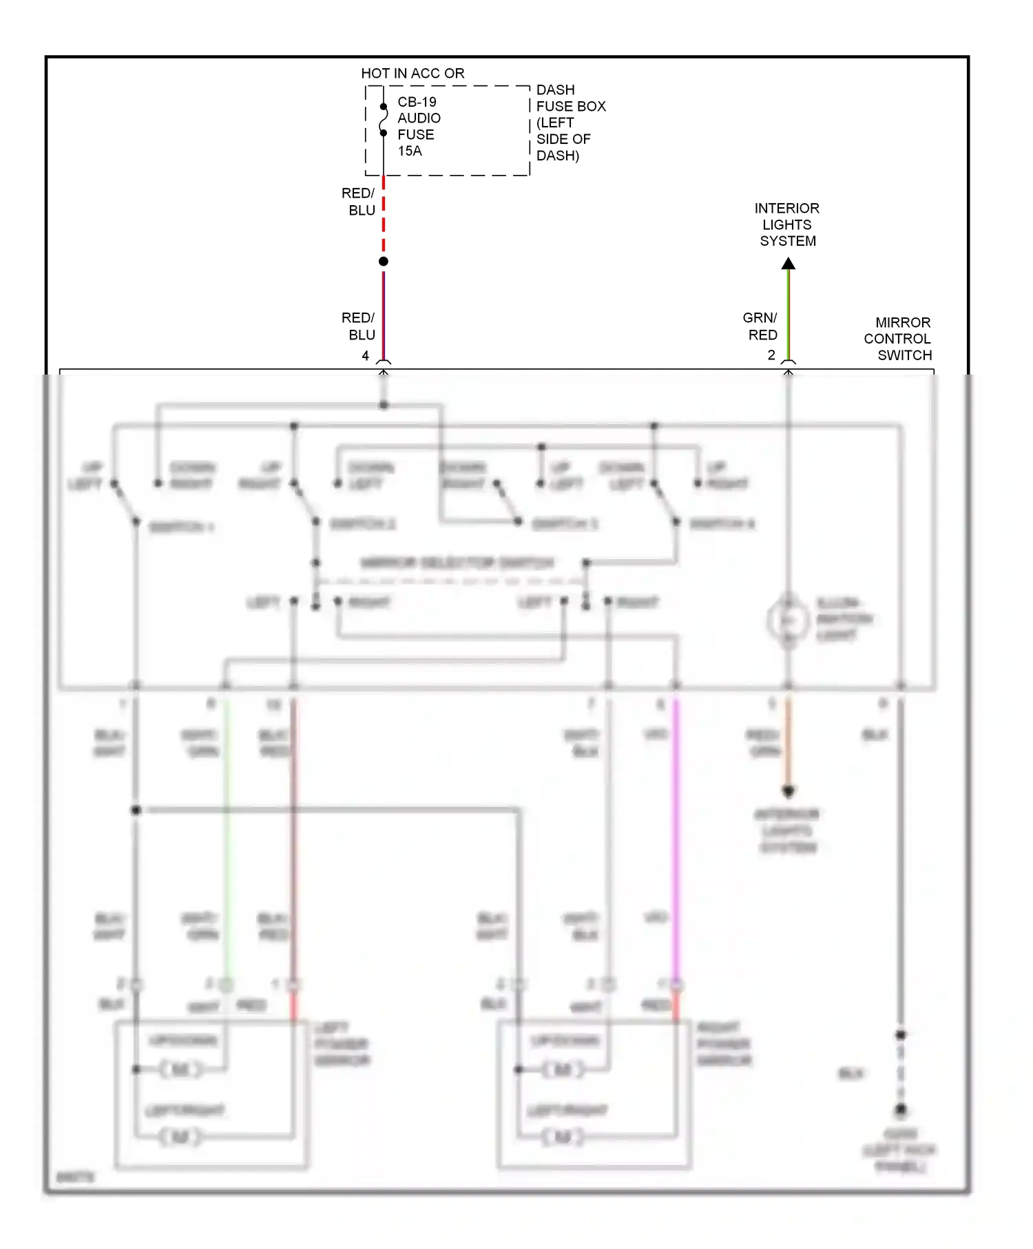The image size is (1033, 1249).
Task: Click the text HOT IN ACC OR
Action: pyautogui.click(x=413, y=73)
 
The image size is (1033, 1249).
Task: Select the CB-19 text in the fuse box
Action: pyautogui.click(x=417, y=102)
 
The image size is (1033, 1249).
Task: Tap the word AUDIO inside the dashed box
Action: pyautogui.click(x=419, y=118)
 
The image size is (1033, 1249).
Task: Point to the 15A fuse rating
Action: pyautogui.click(x=410, y=151)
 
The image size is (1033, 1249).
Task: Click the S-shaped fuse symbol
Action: pyautogui.click(x=384, y=120)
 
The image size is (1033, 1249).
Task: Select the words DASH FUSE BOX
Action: pyautogui.click(x=570, y=98)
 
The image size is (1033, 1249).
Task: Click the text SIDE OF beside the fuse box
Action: pyautogui.click(x=563, y=139)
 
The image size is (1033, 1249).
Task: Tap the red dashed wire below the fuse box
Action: pyautogui.click(x=384, y=217)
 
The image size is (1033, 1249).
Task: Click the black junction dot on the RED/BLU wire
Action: pyautogui.click(x=384, y=262)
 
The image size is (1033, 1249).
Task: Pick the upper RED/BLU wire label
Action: pyautogui.click(x=359, y=202)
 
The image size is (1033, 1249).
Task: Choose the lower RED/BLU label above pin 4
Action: pyautogui.click(x=359, y=326)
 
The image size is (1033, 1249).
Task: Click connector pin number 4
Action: pyautogui.click(x=366, y=355)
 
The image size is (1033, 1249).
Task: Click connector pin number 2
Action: pyautogui.click(x=771, y=355)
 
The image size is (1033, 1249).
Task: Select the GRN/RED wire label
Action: pyautogui.click(x=761, y=326)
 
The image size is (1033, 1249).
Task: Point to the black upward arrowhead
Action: pyautogui.click(x=789, y=264)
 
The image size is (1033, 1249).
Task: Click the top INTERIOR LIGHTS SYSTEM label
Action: pyautogui.click(x=787, y=224)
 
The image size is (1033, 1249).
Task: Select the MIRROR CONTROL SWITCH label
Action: pyautogui.click(x=897, y=339)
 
